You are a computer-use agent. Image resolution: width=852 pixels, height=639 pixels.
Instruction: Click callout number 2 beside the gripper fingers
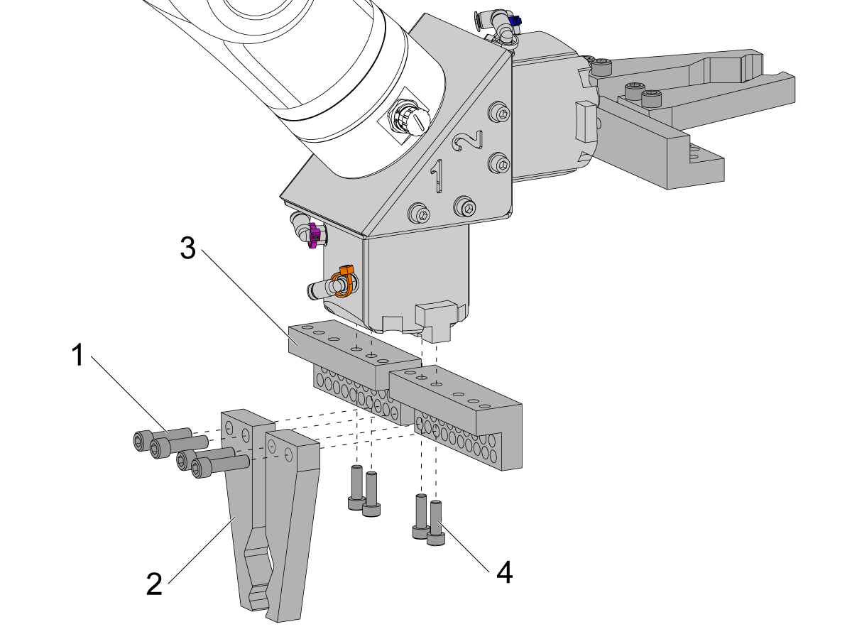click(x=155, y=584)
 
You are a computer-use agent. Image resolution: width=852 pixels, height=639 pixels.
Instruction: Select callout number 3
click(x=187, y=248)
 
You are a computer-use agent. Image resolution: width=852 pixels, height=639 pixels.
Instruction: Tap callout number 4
click(x=503, y=572)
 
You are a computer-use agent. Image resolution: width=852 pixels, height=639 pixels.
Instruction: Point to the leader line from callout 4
click(x=465, y=547)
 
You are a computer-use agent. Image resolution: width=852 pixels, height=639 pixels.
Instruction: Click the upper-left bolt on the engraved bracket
click(x=501, y=113)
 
